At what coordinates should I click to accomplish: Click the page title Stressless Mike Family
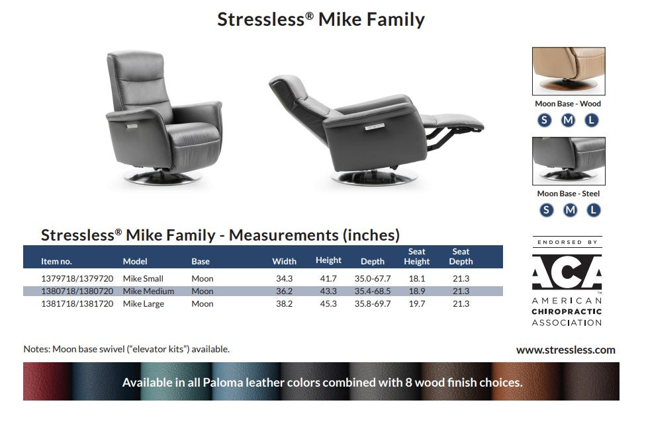tap(321, 19)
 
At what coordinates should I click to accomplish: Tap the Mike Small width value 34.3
tap(284, 279)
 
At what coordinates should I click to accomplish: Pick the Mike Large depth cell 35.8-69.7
tap(373, 304)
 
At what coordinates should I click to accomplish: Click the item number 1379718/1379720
tap(77, 279)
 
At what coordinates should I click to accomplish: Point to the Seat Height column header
tap(417, 256)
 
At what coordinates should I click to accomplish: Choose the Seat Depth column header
tap(461, 256)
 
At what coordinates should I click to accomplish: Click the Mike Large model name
tap(144, 304)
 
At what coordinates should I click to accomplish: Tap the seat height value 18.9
tap(416, 291)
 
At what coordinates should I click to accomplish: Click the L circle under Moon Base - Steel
tap(594, 210)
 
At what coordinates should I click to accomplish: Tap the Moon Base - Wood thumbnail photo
tap(569, 71)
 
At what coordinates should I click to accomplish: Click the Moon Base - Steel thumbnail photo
tap(569, 161)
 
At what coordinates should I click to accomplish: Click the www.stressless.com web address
tap(565, 350)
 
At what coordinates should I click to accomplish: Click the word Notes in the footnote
tap(36, 349)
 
